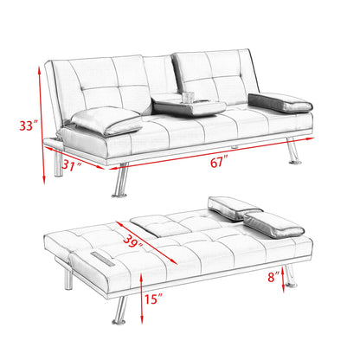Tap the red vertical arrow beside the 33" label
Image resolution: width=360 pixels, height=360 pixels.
coord(39,125)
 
